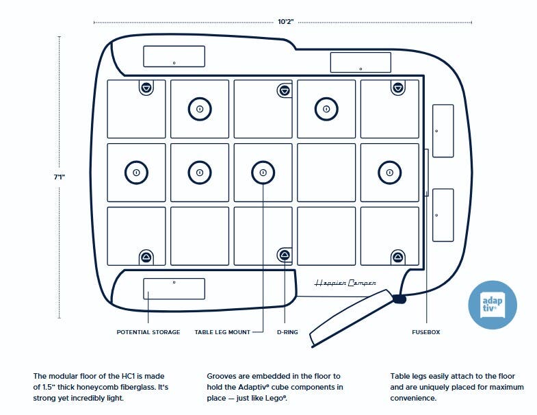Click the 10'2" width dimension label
(x=285, y=22)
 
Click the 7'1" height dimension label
(x=60, y=177)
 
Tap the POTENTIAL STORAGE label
(x=148, y=332)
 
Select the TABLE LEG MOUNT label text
(x=222, y=332)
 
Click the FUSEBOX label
(x=425, y=332)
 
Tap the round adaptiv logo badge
(x=492, y=304)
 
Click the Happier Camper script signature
(x=345, y=283)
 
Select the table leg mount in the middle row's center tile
(x=263, y=173)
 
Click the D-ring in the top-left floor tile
(x=147, y=88)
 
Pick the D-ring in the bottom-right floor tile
(x=397, y=257)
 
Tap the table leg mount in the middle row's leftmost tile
(x=136, y=173)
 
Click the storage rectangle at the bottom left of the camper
(x=174, y=289)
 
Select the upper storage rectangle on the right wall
(x=443, y=130)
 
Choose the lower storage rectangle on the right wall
(x=443, y=214)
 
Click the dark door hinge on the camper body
(x=399, y=299)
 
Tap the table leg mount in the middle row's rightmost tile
(x=389, y=173)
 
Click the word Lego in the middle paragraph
(x=275, y=398)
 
